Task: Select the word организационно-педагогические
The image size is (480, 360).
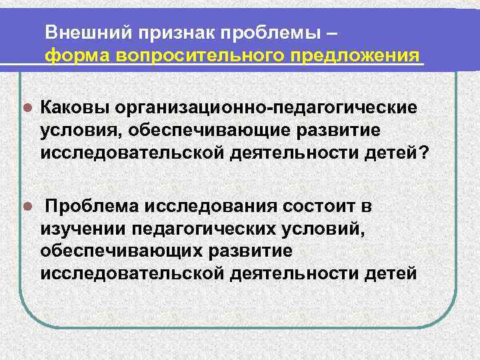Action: [265, 107]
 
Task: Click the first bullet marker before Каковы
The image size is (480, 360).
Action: [26, 107]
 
